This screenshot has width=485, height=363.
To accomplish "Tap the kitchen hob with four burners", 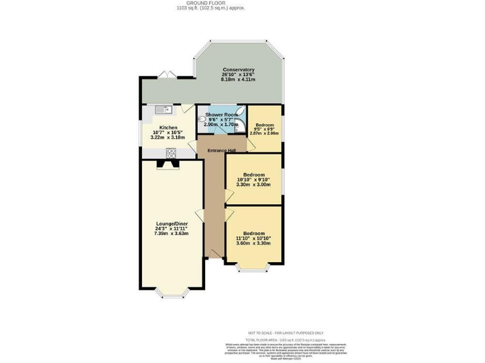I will coord(171,152).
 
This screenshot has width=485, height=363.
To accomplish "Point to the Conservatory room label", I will coord(238,70).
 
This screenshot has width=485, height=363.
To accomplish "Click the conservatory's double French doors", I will coord(165,76).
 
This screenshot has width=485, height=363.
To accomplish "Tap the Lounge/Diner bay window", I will coord(171,292).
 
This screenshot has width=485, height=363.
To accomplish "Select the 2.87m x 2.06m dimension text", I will coord(264,133).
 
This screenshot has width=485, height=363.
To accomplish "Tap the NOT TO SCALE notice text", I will coord(285,333).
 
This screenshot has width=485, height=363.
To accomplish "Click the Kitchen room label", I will coord(168,127).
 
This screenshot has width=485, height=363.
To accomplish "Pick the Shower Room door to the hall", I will coord(212,133).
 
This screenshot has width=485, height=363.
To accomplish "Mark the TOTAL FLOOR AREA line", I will coord(285,339).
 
